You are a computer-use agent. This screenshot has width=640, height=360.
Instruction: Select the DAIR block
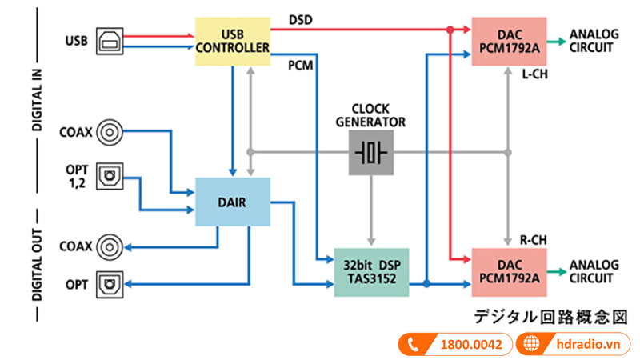pos(233,202)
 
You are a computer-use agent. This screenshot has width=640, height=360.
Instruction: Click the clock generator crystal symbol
pos(371,152)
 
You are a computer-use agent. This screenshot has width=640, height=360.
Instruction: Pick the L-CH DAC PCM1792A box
pos(510,41)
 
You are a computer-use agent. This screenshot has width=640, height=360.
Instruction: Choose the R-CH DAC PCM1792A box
pos(510,272)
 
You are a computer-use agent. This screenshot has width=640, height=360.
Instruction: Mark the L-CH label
pos(535,75)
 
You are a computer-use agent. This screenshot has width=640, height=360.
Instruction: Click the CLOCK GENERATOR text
pos(371,115)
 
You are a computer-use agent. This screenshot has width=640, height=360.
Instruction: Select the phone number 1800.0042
pos(470,345)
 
